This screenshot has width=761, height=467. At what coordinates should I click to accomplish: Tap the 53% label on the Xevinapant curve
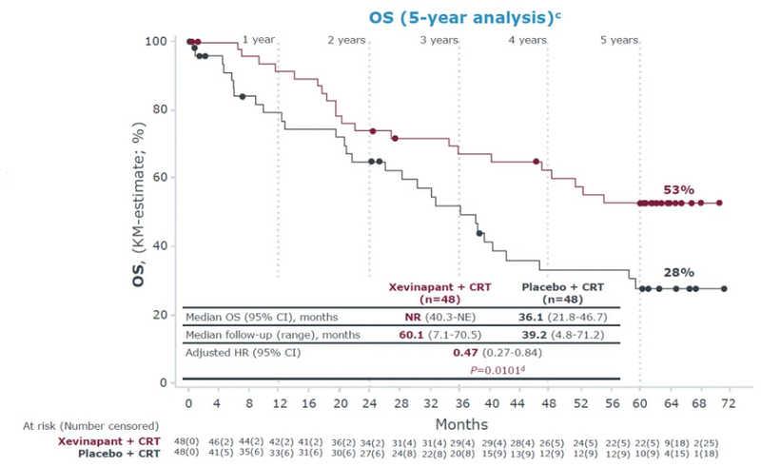(x=680, y=191)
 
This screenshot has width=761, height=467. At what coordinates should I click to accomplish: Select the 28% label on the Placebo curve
(x=680, y=272)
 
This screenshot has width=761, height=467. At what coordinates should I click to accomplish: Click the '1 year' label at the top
(x=259, y=40)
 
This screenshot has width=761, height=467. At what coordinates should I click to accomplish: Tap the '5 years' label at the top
(x=619, y=40)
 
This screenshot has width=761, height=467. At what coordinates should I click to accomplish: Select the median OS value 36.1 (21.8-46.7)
(x=566, y=316)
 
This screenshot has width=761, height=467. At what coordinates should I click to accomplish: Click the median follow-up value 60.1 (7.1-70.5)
(x=440, y=334)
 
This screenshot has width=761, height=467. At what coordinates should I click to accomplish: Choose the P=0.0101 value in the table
(x=494, y=369)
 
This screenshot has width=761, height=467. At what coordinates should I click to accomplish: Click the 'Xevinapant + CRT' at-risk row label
(x=118, y=443)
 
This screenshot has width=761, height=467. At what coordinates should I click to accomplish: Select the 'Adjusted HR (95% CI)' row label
(x=244, y=352)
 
